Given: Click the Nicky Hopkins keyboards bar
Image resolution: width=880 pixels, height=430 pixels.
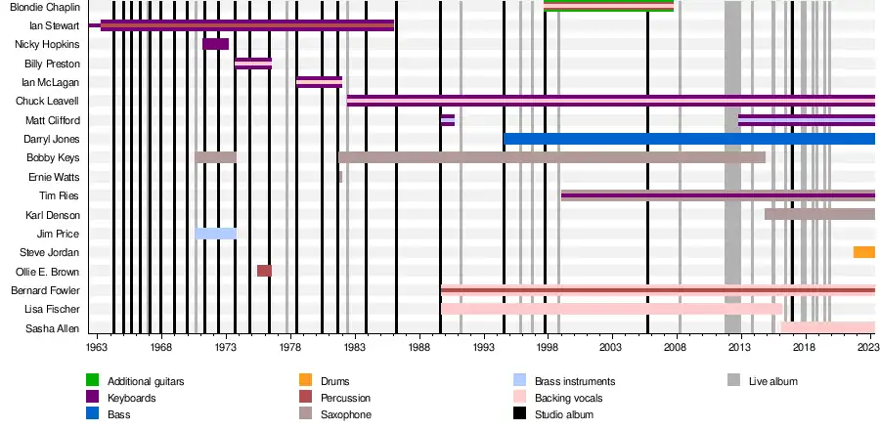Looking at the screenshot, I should click(215, 44).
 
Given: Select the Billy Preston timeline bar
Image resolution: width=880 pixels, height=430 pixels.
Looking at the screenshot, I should click(253, 64).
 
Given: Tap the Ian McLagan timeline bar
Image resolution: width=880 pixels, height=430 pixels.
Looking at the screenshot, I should click(319, 82).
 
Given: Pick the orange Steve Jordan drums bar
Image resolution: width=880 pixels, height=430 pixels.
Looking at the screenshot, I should click(863, 252).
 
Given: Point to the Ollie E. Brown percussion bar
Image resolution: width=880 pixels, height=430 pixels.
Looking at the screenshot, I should click(264, 271).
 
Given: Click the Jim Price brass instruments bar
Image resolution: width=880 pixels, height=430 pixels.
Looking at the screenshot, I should click(215, 234).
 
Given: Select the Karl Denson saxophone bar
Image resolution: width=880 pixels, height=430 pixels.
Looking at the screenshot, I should click(819, 214).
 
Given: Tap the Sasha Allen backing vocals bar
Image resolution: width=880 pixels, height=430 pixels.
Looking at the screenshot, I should click(827, 327).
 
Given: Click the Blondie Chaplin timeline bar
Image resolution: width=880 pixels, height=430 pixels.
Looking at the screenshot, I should click(608, 6).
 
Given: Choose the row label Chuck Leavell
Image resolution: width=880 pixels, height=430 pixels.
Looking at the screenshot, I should click(48, 102).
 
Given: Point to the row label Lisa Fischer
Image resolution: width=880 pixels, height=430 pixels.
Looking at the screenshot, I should click(53, 309).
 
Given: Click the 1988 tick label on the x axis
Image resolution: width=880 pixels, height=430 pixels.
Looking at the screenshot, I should click(419, 347).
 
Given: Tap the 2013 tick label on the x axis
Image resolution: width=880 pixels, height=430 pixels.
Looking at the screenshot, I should click(740, 347).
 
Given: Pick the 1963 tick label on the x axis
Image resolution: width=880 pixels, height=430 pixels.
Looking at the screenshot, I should click(98, 347).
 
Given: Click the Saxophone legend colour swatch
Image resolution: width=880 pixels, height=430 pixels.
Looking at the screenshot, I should click(305, 414).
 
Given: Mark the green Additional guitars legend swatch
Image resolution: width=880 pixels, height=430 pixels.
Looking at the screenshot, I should click(92, 381).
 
